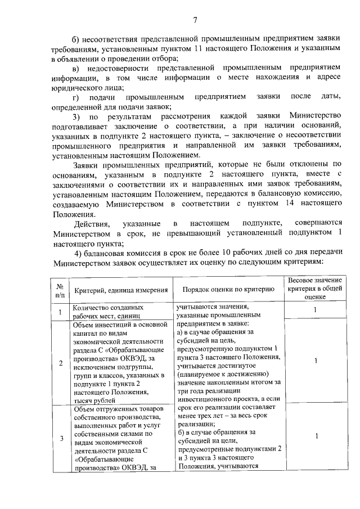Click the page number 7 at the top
tap(195, 20)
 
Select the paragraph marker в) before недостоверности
tap(77, 68)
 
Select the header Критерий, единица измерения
tap(121, 289)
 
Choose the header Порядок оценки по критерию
tap(228, 289)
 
